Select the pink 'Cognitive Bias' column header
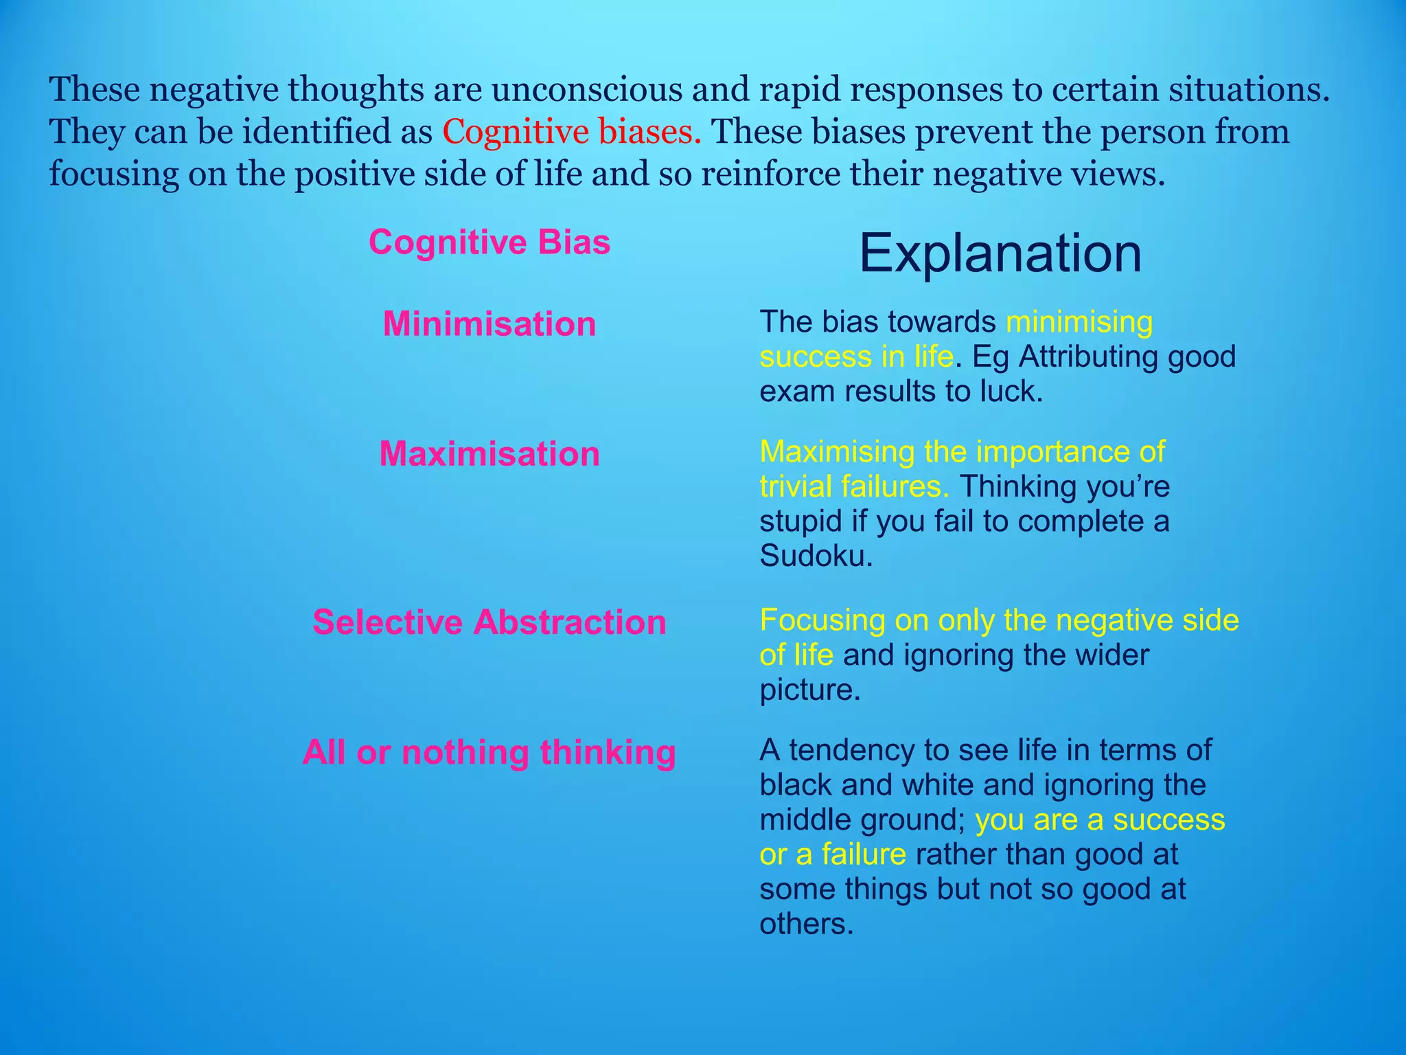click(x=489, y=242)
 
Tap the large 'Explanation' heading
click(x=1000, y=253)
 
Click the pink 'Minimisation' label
click(x=489, y=324)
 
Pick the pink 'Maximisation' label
click(x=489, y=454)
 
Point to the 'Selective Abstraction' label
click(x=489, y=622)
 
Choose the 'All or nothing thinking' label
click(x=489, y=752)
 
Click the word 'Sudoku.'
click(x=816, y=556)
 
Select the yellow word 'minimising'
click(x=1079, y=321)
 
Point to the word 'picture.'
click(x=809, y=690)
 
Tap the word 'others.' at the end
click(x=806, y=924)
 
